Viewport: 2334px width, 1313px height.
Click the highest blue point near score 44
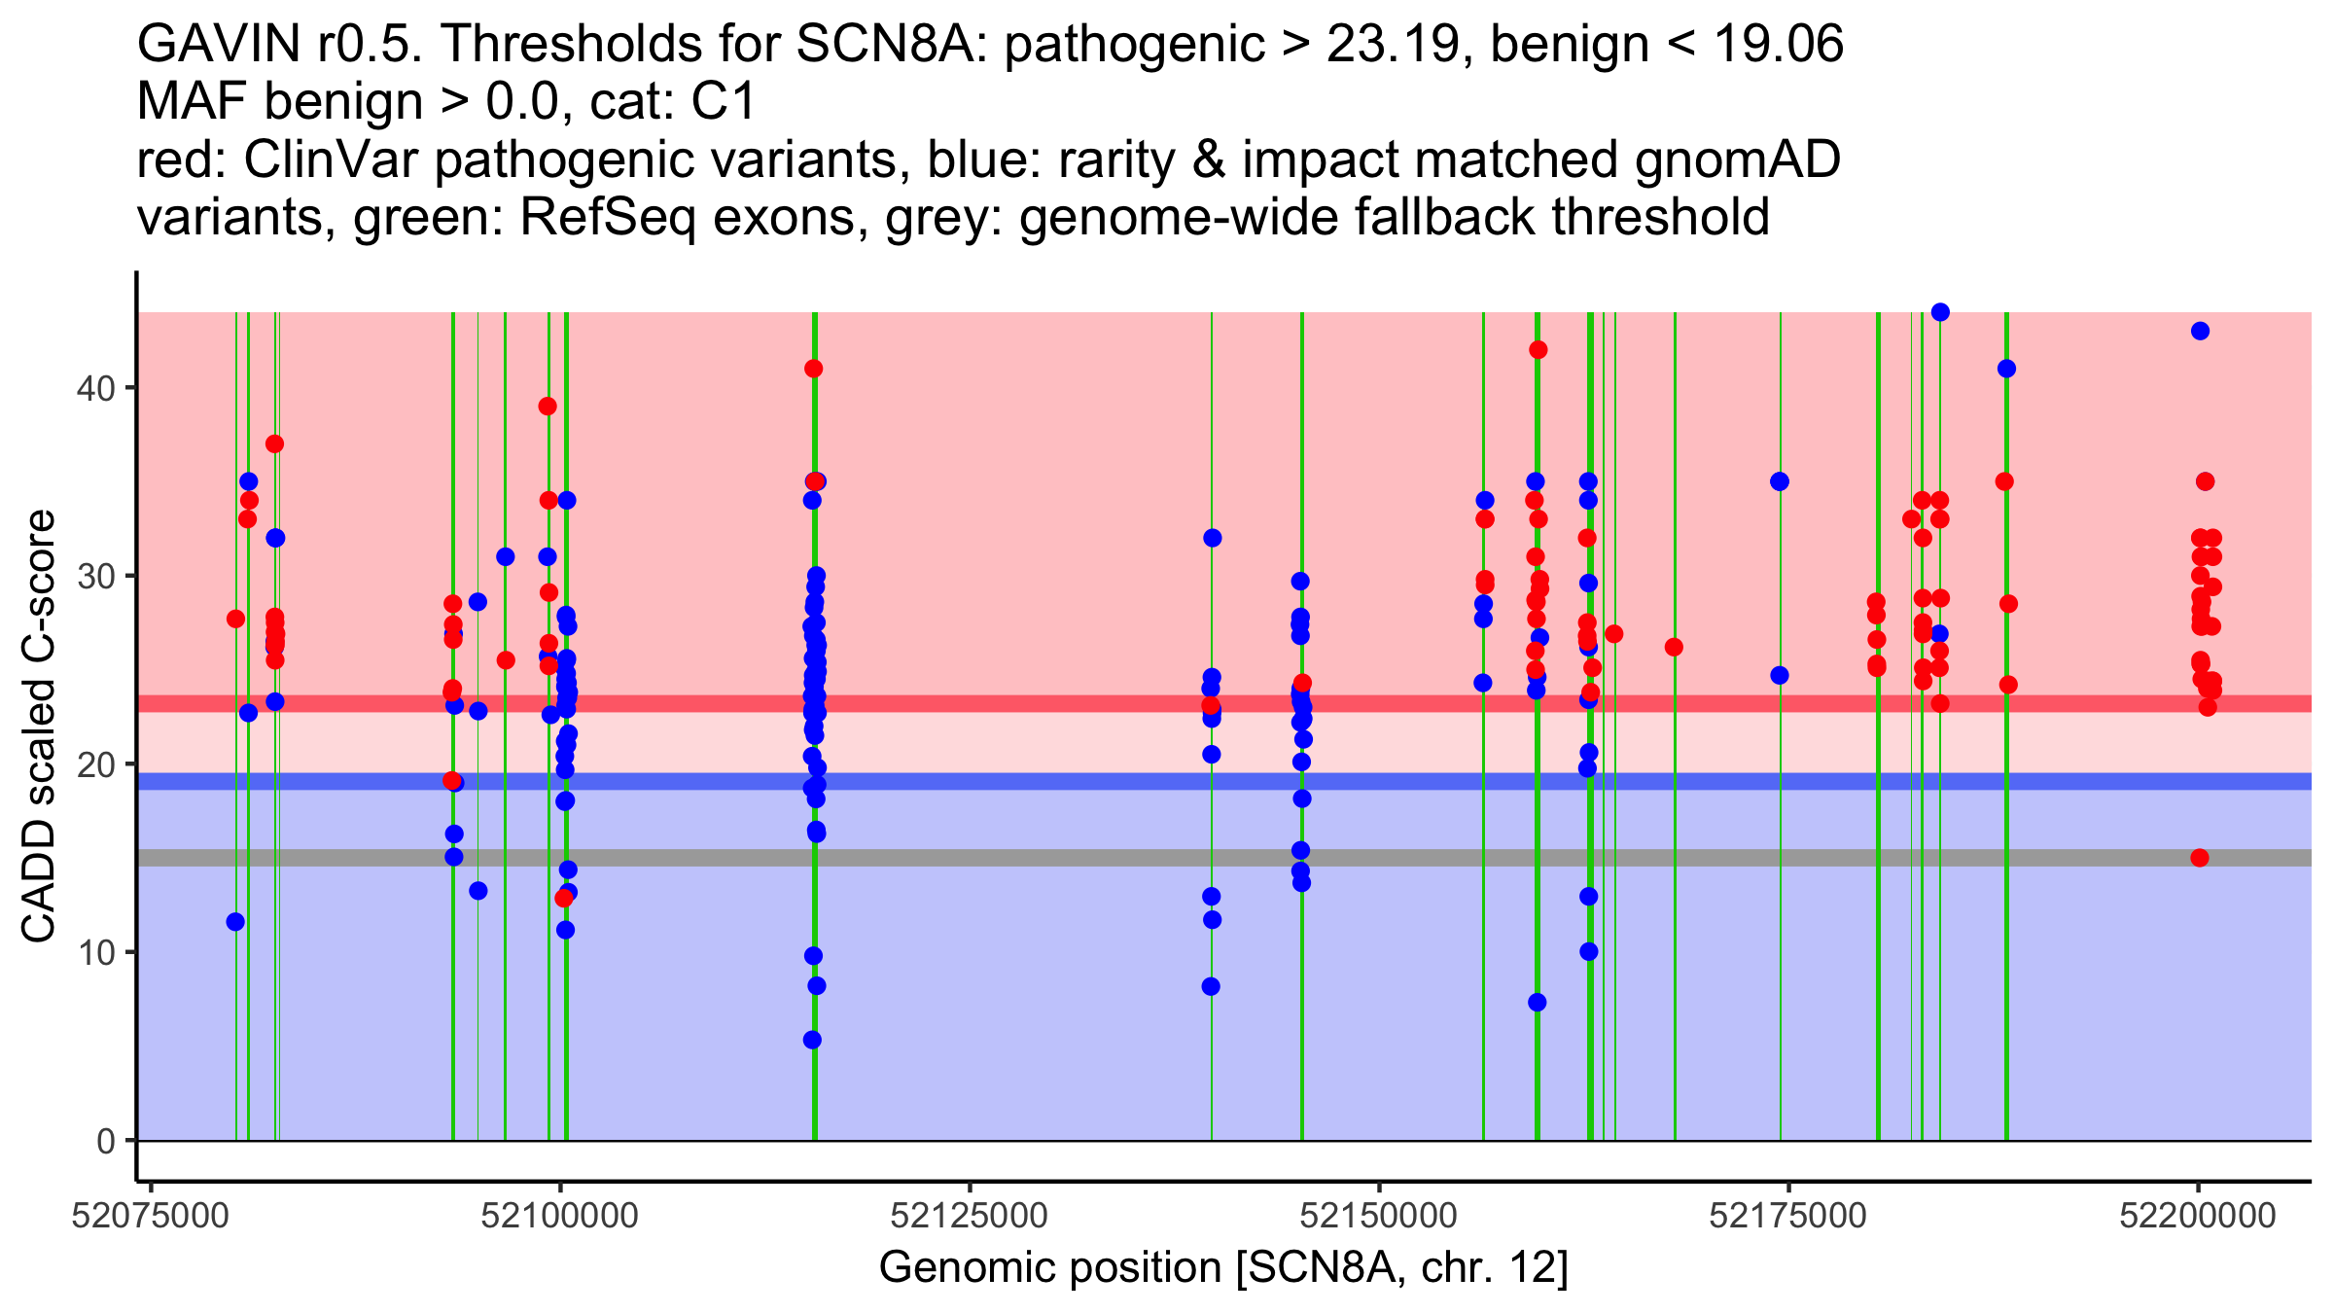coord(1940,312)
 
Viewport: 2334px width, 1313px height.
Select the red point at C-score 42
coord(1538,350)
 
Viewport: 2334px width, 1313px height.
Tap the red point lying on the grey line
coord(2200,858)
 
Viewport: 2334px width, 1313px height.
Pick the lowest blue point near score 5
coord(812,1040)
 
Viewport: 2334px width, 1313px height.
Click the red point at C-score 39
coord(548,407)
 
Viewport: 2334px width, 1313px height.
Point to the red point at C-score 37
coord(274,444)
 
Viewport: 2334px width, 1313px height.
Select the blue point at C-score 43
coord(2201,331)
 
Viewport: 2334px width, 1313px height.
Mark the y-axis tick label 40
coord(95,388)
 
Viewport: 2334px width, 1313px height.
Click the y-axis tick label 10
coord(95,952)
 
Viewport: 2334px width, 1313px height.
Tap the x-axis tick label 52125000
coord(970,1216)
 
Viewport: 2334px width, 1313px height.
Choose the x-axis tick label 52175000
coord(1788,1216)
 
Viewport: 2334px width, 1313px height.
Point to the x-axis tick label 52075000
coord(151,1216)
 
